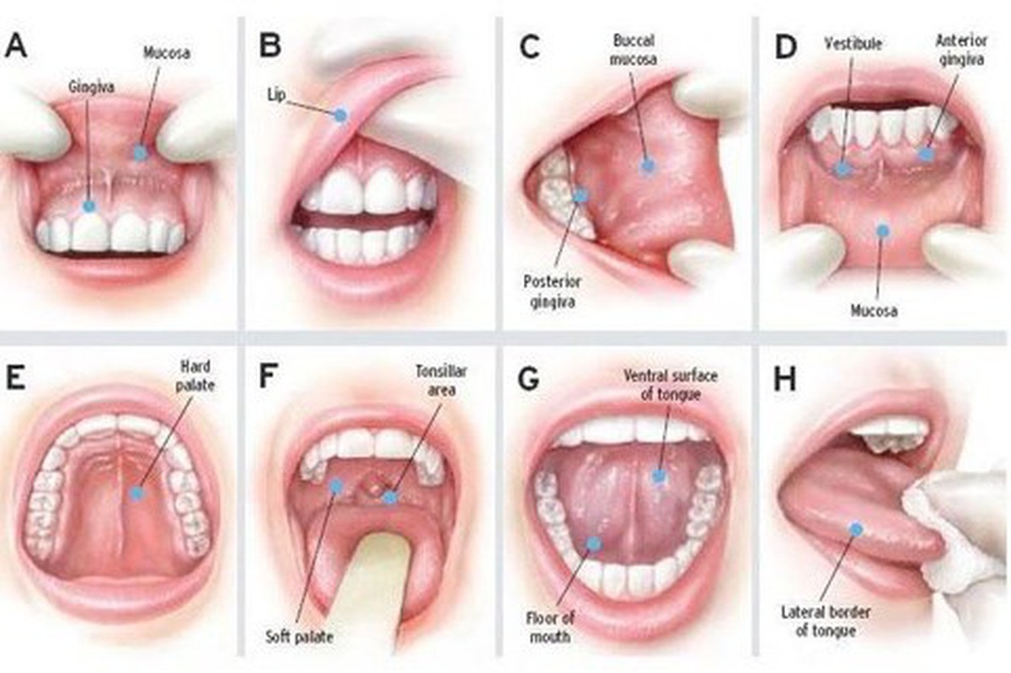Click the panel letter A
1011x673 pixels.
(15, 46)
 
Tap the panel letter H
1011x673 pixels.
(784, 380)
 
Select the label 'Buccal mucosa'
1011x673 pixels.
(634, 50)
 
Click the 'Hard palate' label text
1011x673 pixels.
(195, 376)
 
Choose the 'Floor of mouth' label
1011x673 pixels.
(549, 628)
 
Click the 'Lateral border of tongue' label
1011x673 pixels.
(826, 622)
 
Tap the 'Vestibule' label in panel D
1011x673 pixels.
(853, 44)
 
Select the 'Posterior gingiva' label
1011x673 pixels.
(552, 291)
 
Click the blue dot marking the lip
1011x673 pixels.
(340, 115)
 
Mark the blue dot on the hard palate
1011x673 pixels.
(136, 493)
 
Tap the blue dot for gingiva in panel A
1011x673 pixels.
(89, 206)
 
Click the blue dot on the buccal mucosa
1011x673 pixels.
(648, 166)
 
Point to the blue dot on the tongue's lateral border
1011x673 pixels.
(856, 529)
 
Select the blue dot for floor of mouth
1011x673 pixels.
(594, 543)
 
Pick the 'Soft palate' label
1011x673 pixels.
(299, 637)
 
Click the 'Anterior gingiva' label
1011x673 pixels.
(961, 50)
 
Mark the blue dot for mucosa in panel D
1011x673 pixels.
(882, 231)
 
